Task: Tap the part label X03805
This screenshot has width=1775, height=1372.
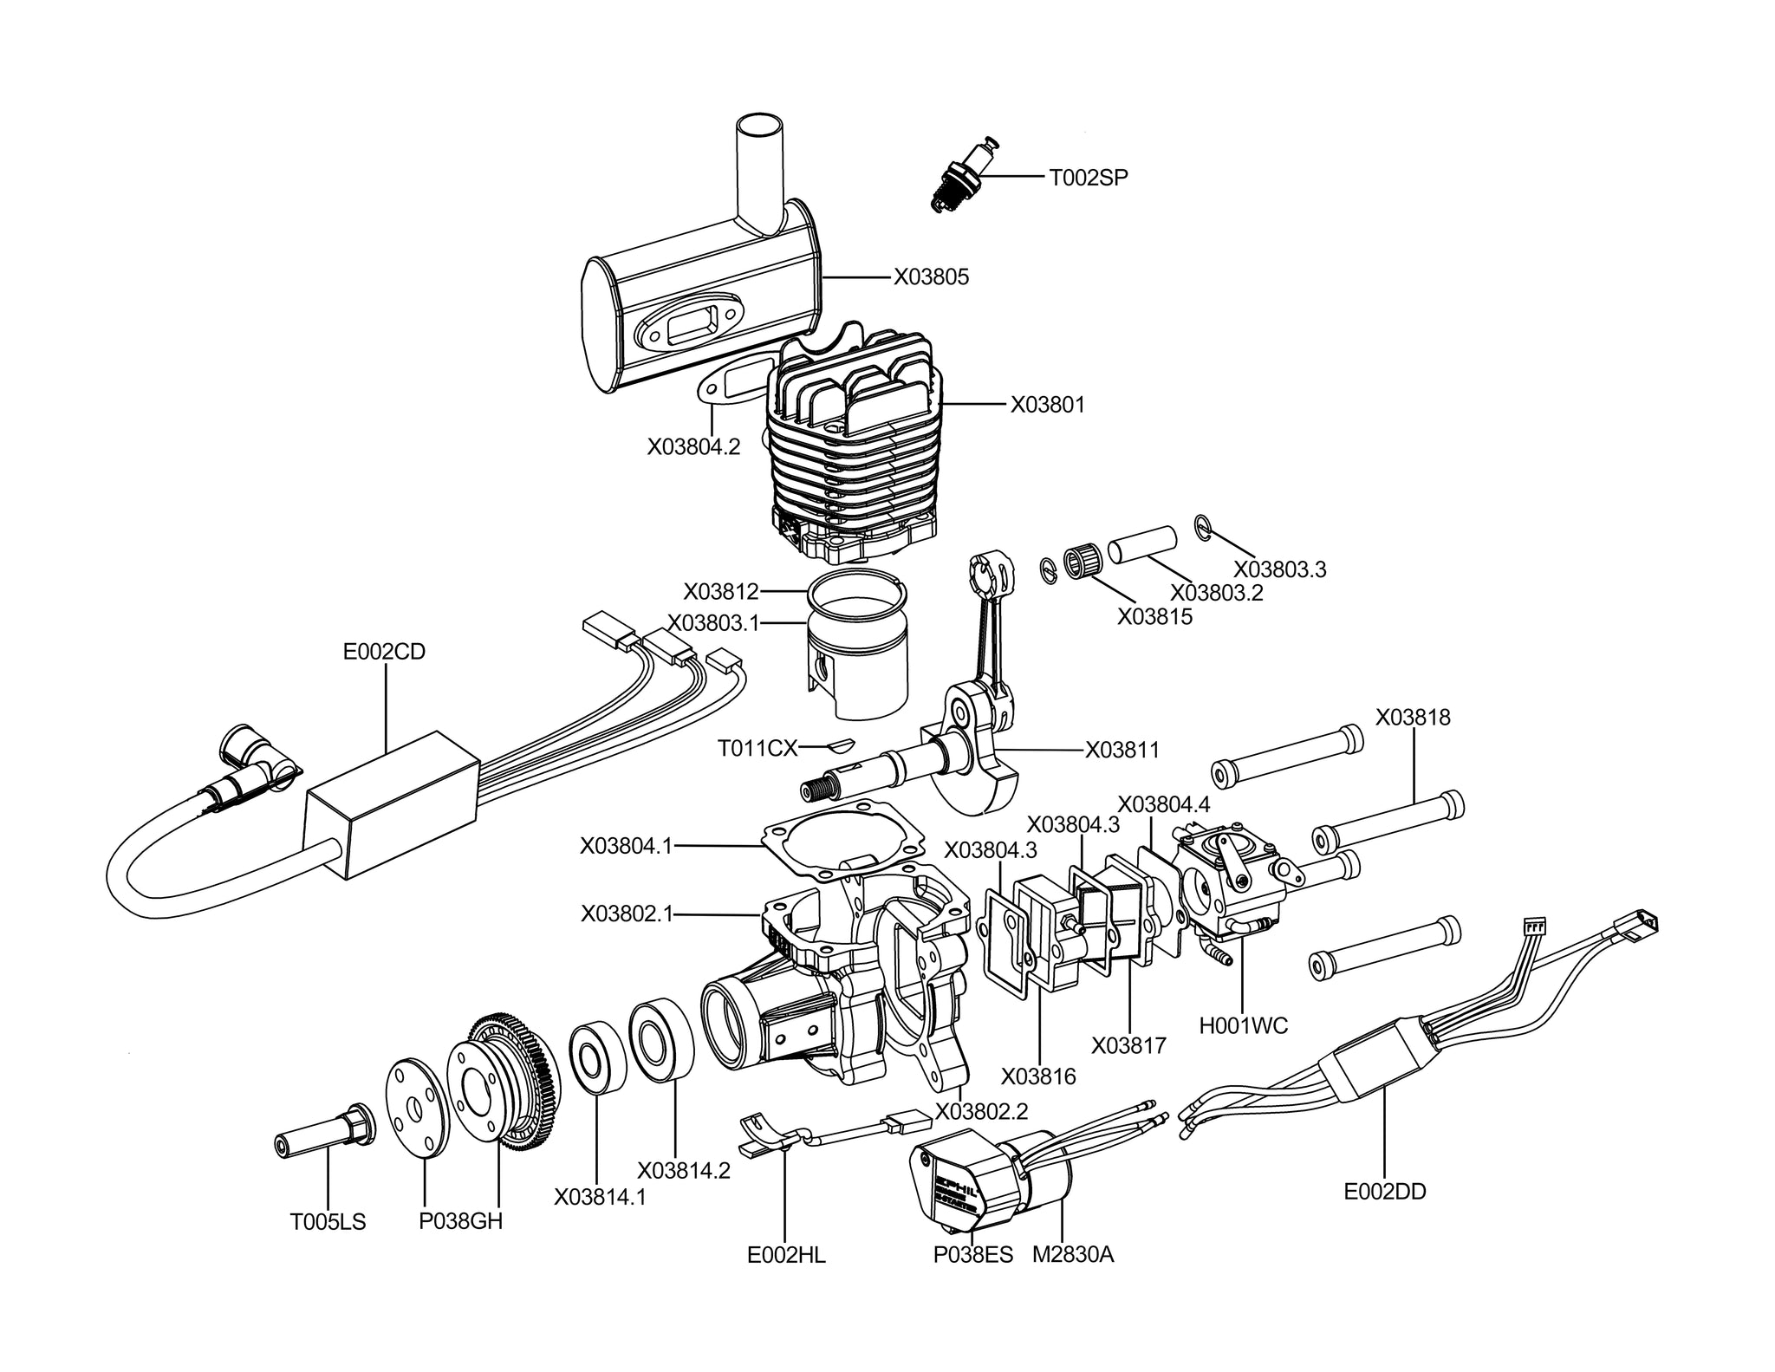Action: [x=932, y=277]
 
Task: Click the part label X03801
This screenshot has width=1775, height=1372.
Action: [x=1047, y=405]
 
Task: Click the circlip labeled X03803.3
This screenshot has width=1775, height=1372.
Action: [x=1202, y=526]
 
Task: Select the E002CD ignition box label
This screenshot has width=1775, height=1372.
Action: [x=384, y=652]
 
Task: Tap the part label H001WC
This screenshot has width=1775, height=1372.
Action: [x=1244, y=1026]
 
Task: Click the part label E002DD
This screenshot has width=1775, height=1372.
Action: [x=1384, y=1192]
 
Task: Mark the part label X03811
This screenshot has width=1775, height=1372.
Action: [x=1122, y=750]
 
